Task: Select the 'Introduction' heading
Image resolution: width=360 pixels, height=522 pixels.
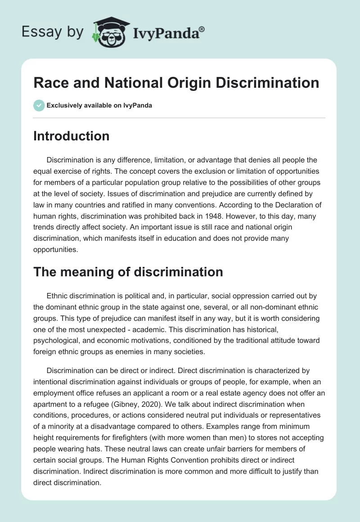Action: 71,136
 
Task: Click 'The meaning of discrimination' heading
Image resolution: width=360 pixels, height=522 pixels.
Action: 128,272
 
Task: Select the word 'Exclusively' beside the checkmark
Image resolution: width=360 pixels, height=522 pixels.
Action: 63,105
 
